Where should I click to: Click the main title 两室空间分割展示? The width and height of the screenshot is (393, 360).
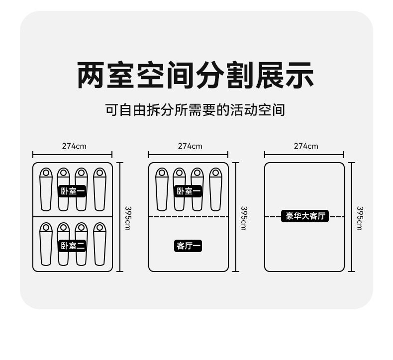pyautogui.click(x=196, y=75)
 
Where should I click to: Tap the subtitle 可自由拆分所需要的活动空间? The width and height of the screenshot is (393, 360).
pyautogui.click(x=195, y=109)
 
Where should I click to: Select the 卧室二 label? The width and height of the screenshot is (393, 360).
pyautogui.click(x=73, y=245)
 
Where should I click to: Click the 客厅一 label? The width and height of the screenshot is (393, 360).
pyautogui.click(x=189, y=246)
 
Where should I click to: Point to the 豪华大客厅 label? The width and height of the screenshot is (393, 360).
pyautogui.click(x=304, y=216)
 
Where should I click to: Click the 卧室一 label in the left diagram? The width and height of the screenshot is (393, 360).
pyautogui.click(x=73, y=191)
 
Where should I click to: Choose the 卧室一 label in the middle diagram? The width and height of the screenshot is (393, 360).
pyautogui.click(x=189, y=191)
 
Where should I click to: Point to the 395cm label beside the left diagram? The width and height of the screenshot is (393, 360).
pyautogui.click(x=128, y=218)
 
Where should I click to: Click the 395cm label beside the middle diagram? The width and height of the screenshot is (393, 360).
pyautogui.click(x=244, y=218)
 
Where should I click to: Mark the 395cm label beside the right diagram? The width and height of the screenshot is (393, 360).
pyautogui.click(x=360, y=218)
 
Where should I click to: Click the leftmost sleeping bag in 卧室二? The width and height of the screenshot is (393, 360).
pyautogui.click(x=45, y=244)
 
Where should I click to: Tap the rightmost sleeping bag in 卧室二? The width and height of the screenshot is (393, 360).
pyautogui.click(x=99, y=244)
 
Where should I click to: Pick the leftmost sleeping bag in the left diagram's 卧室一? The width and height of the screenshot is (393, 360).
pyautogui.click(x=45, y=189)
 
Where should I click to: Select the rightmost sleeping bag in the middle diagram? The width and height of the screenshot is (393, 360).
pyautogui.click(x=215, y=189)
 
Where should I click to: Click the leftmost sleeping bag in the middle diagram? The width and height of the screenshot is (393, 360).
pyautogui.click(x=161, y=189)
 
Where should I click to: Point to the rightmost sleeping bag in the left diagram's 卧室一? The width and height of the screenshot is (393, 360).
pyautogui.click(x=99, y=189)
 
